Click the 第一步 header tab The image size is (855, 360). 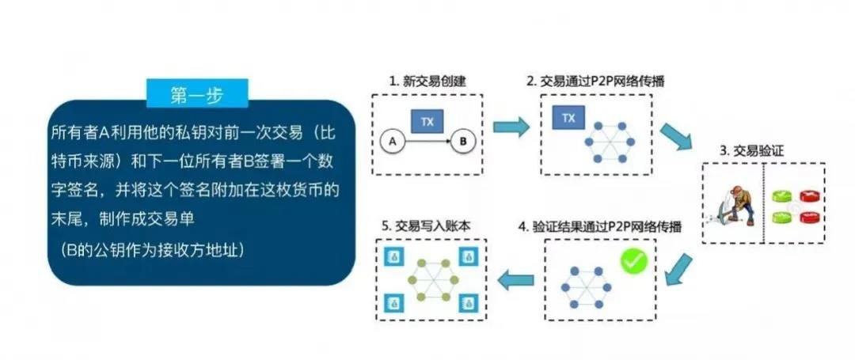(197, 93)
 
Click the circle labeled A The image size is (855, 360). (389, 142)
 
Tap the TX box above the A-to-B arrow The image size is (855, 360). (427, 121)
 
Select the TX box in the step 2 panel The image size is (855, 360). (568, 119)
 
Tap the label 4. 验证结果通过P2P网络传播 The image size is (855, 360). (606, 225)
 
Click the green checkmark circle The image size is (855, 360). (633, 262)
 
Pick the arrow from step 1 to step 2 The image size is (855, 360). (511, 126)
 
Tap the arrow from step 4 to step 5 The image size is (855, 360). (515, 278)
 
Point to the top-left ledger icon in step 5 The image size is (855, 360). (391, 256)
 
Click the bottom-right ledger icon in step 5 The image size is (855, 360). (469, 301)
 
